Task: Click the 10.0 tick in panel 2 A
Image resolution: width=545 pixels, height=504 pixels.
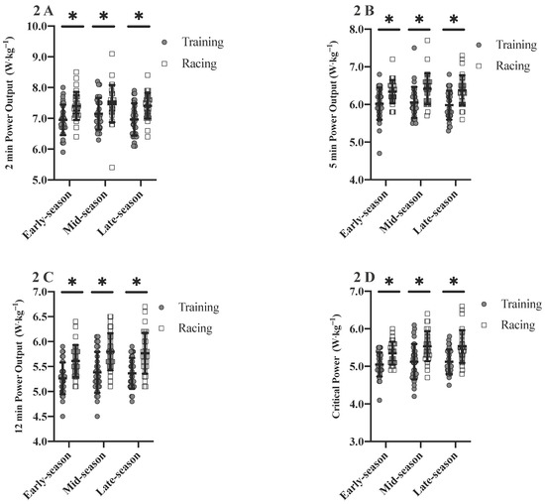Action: click(x=40, y=26)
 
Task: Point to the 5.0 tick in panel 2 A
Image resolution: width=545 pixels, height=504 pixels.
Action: click(x=43, y=181)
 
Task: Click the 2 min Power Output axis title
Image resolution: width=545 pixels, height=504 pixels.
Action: click(x=13, y=103)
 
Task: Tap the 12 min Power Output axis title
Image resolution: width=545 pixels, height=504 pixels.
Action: click(x=13, y=367)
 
